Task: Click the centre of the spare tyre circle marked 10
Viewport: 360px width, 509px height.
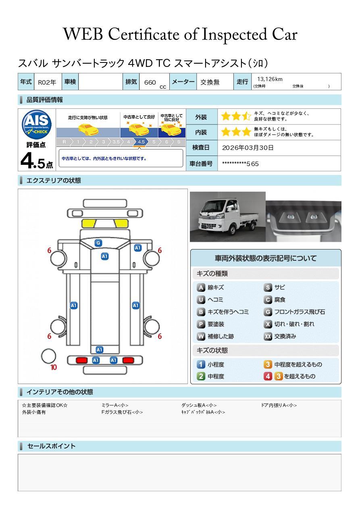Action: pyautogui.click(x=48, y=356)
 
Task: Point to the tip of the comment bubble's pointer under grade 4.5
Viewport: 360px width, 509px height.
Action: pyautogui.click(x=139, y=148)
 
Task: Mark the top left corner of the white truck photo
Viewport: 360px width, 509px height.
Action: pyautogui.click(x=190, y=192)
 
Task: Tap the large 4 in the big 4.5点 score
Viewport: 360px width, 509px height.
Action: pyautogui.click(x=26, y=161)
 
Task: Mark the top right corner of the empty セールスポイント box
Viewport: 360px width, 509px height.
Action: pyautogui.click(x=341, y=454)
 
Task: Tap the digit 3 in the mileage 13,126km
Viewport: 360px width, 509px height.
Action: pyautogui.click(x=262, y=79)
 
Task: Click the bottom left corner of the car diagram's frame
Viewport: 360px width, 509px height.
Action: pyautogui.click(x=18, y=384)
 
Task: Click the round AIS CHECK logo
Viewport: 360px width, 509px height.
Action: pyautogui.click(x=37, y=125)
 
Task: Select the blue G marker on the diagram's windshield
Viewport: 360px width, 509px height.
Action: pyautogui.click(x=98, y=243)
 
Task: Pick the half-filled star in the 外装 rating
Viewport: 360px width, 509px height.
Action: pyautogui.click(x=246, y=116)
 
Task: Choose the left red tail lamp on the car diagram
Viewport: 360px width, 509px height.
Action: pyautogui.click(x=81, y=360)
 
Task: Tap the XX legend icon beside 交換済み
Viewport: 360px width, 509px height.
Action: pyautogui.click(x=268, y=336)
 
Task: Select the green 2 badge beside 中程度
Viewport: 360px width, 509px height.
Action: pyautogui.click(x=201, y=376)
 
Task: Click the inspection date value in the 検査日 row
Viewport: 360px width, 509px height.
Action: pyautogui.click(x=248, y=148)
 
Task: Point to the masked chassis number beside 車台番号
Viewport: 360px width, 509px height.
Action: pyautogui.click(x=240, y=164)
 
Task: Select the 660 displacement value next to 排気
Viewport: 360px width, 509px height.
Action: pyautogui.click(x=150, y=82)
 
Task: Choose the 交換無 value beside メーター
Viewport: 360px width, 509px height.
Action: pyautogui.click(x=210, y=82)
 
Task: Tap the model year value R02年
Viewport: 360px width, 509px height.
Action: pyautogui.click(x=47, y=82)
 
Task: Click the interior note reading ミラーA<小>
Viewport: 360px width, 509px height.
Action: pyautogui.click(x=115, y=405)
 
